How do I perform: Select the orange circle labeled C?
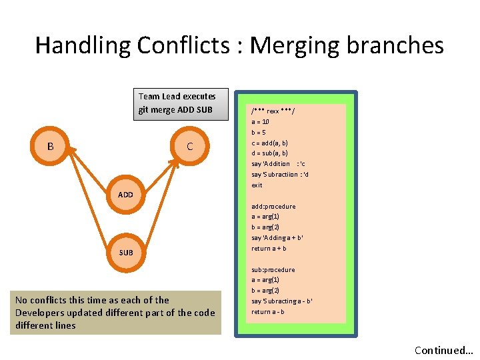[x=190, y=146]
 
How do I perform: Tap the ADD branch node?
[x=125, y=195]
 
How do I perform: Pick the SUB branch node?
[x=125, y=253]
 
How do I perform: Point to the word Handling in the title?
[x=83, y=45]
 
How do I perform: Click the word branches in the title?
[x=398, y=45]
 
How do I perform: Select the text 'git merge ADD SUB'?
[x=176, y=110]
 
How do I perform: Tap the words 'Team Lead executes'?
[x=177, y=97]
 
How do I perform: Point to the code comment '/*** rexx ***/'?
[x=273, y=111]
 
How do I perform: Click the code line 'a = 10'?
[x=260, y=122]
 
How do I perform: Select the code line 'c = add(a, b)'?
[x=269, y=143]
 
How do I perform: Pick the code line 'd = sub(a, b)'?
[x=269, y=153]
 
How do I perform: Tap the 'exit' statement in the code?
[x=257, y=185]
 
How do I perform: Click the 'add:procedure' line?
[x=273, y=206]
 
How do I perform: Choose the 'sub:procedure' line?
[x=273, y=269]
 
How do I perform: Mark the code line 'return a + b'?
[x=269, y=248]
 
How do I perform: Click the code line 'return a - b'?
[x=267, y=311]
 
